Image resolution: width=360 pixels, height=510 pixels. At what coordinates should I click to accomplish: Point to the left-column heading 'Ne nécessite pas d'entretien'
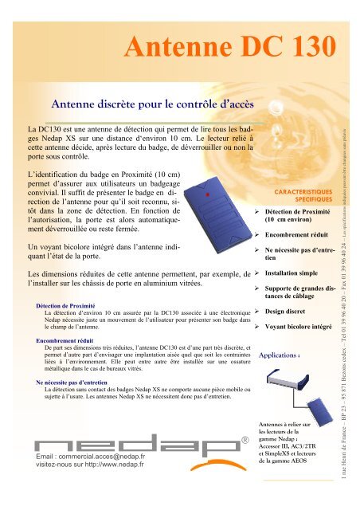click(x=78, y=382)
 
